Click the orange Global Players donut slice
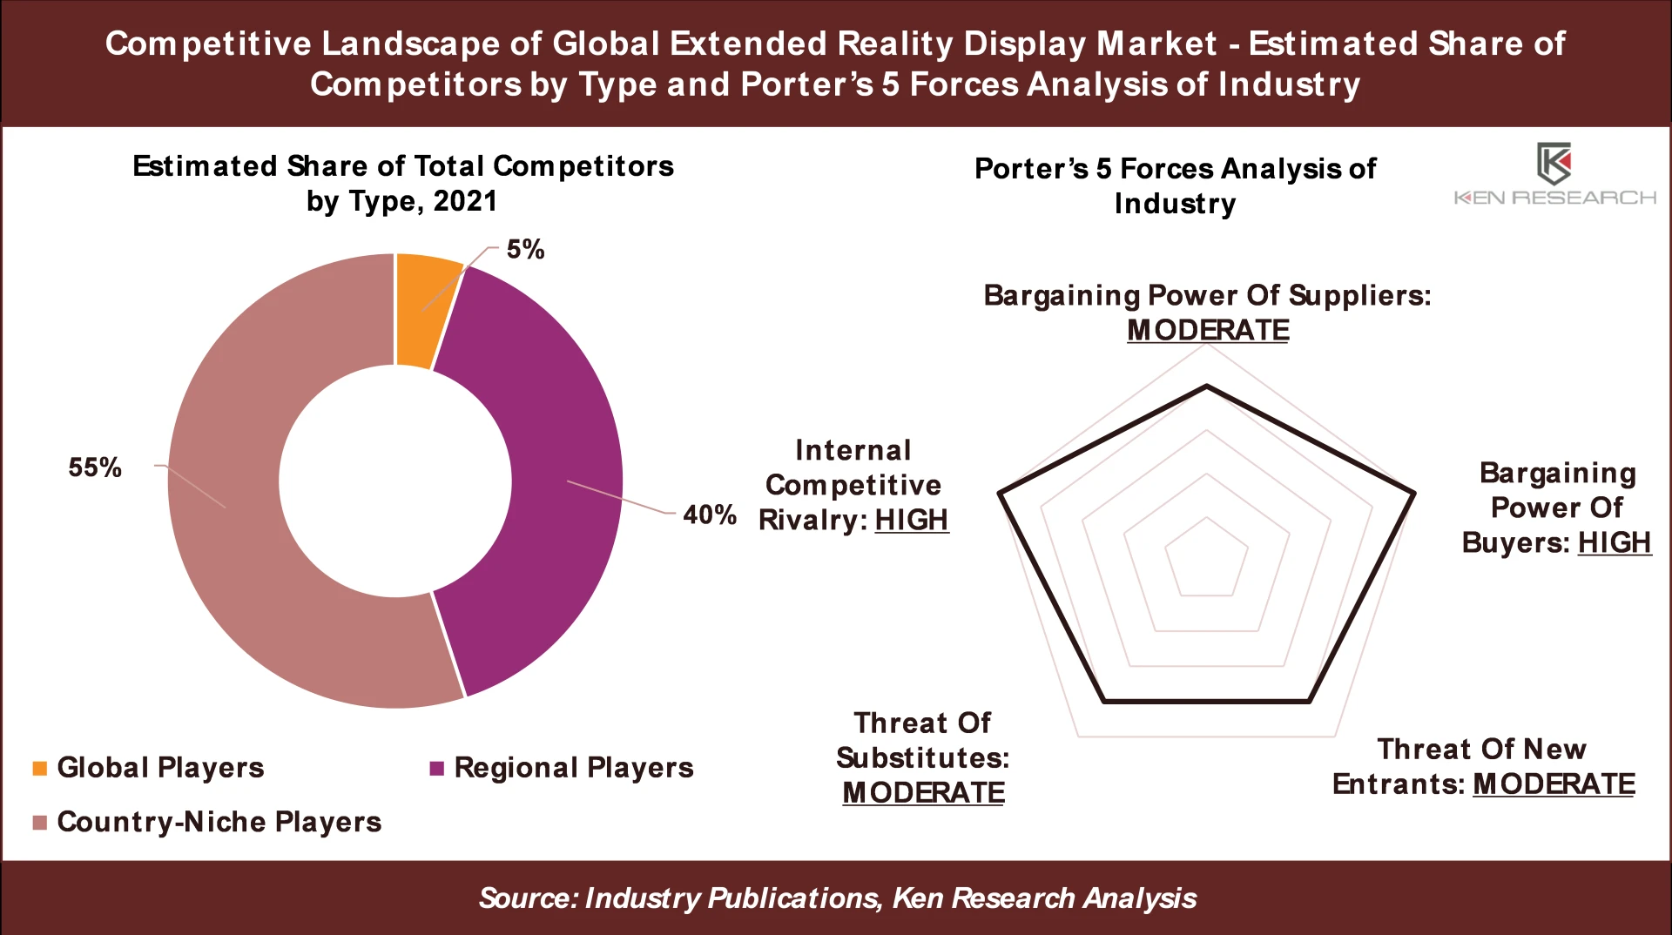(x=424, y=309)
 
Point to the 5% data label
(x=525, y=250)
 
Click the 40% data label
(x=709, y=515)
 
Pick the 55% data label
(x=95, y=467)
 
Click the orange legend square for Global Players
(x=39, y=768)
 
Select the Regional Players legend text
(x=573, y=768)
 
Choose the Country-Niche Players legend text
(x=219, y=822)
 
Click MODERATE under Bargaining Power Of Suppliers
(x=1207, y=331)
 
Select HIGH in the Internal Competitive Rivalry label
(x=911, y=520)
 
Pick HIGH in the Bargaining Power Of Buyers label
(x=1614, y=542)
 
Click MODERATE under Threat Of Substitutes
(x=923, y=793)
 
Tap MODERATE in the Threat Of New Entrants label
(x=1554, y=784)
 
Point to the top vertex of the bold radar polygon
(x=1207, y=385)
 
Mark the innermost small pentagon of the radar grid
(x=1207, y=559)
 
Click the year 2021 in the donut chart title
(x=465, y=201)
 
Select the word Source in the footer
(x=526, y=898)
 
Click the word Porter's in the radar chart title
(x=1030, y=169)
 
